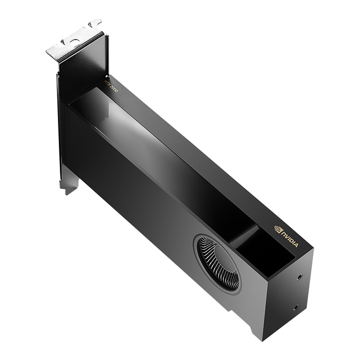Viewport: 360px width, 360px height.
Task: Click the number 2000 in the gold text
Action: (114, 87)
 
